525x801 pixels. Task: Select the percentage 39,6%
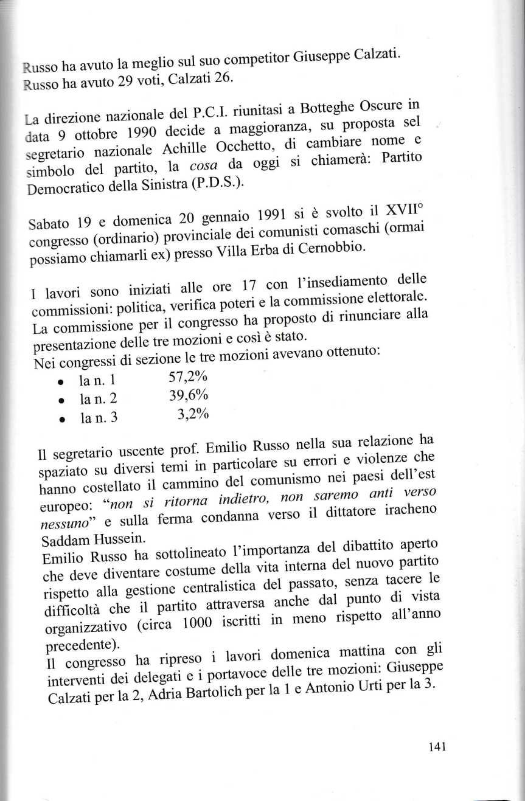[188, 397]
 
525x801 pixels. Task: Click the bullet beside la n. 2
[62, 400]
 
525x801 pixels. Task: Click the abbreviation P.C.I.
[207, 114]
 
